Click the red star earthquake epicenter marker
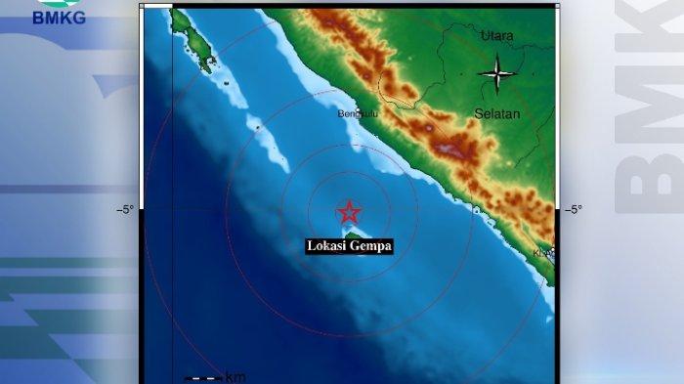349,212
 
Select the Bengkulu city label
357,114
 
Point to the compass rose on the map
497,72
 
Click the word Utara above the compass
496,36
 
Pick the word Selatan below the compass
496,113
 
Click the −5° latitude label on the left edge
125,209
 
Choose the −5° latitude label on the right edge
573,209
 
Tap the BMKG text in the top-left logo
59,17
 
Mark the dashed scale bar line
203,378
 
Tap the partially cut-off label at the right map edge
543,253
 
